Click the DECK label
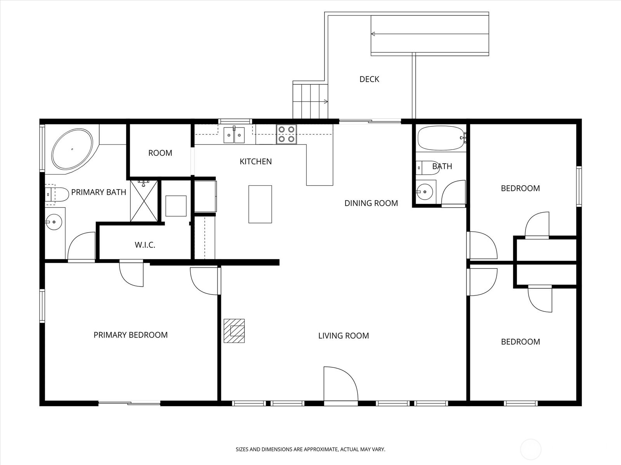click(x=369, y=79)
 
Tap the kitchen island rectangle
click(x=260, y=204)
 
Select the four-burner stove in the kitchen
click(x=286, y=134)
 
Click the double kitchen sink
click(x=234, y=135)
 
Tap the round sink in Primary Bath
click(x=54, y=222)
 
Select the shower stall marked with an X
click(x=144, y=201)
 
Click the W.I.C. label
click(x=145, y=245)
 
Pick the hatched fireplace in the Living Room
click(x=234, y=331)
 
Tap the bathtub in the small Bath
click(x=441, y=138)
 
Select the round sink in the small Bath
click(x=425, y=191)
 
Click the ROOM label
click(x=160, y=153)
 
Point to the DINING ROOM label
click(x=371, y=203)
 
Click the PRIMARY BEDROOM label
click(x=130, y=335)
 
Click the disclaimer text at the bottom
click(x=310, y=449)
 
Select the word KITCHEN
click(x=255, y=162)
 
